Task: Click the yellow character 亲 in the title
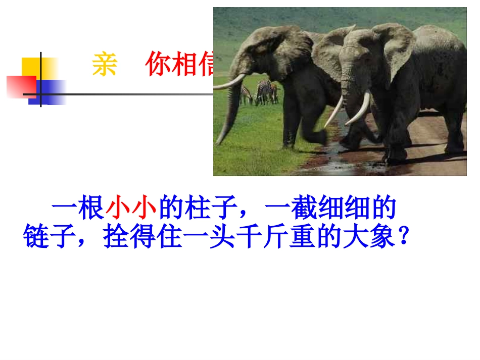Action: [105, 65]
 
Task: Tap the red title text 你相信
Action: [180, 65]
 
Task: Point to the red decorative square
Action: [21, 86]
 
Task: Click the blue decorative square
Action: [49, 92]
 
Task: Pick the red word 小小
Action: [131, 209]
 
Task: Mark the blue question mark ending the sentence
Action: [403, 236]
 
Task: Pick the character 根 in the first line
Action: [91, 209]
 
